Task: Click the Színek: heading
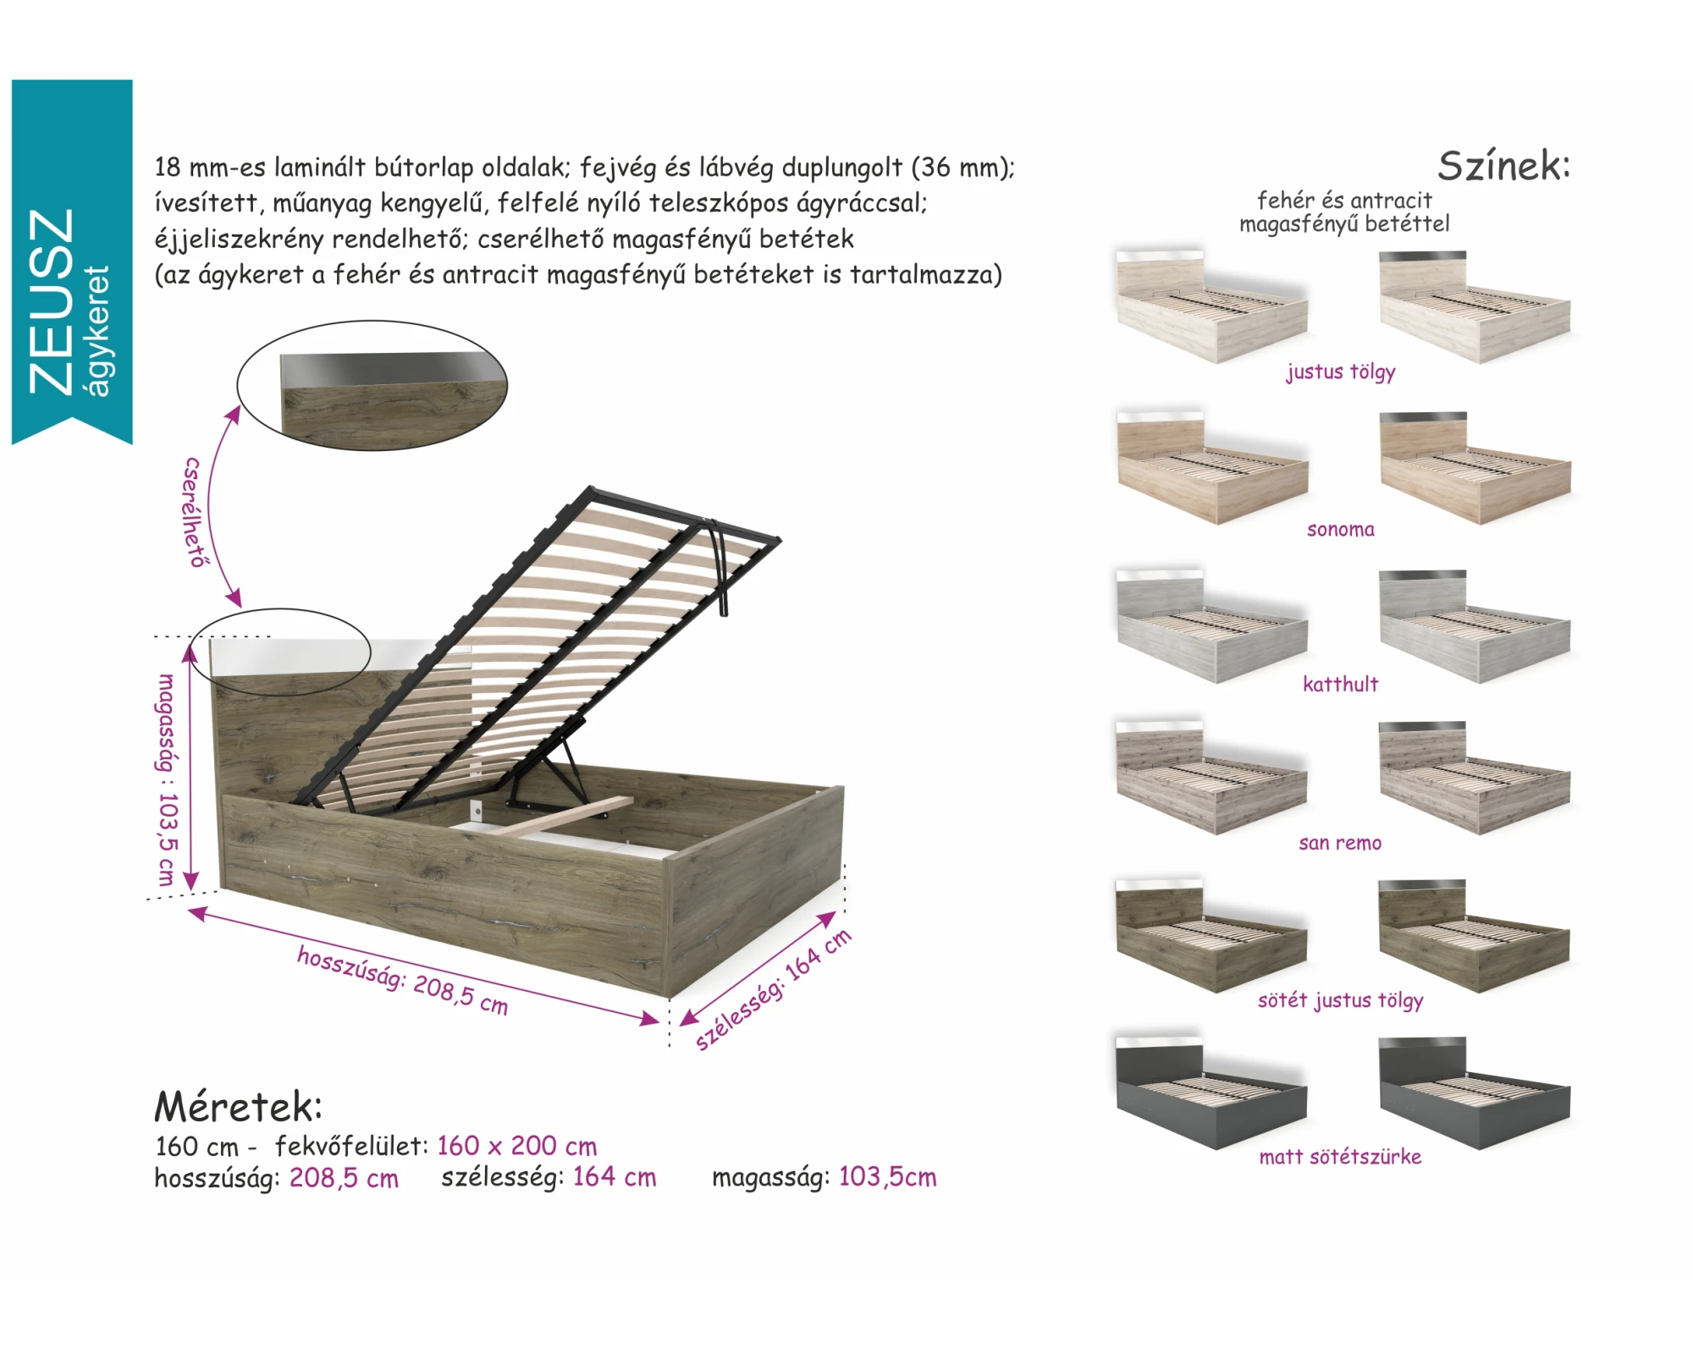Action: click(x=1503, y=165)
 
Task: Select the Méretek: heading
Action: click(x=238, y=1106)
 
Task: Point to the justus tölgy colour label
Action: click(x=1340, y=372)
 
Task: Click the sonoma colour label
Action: click(x=1340, y=530)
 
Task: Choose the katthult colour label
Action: click(x=1340, y=684)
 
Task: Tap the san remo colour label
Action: click(x=1340, y=843)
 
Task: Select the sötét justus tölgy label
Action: click(x=1340, y=1000)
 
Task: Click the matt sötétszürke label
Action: click(x=1340, y=1157)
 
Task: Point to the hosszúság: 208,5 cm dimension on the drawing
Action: click(x=402, y=980)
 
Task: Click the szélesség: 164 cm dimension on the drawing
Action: click(x=772, y=989)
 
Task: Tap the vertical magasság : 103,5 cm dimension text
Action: click(x=167, y=779)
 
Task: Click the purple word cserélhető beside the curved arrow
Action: click(x=194, y=512)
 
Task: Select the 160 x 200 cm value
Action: click(x=516, y=1146)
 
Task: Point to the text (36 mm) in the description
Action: click(x=962, y=168)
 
